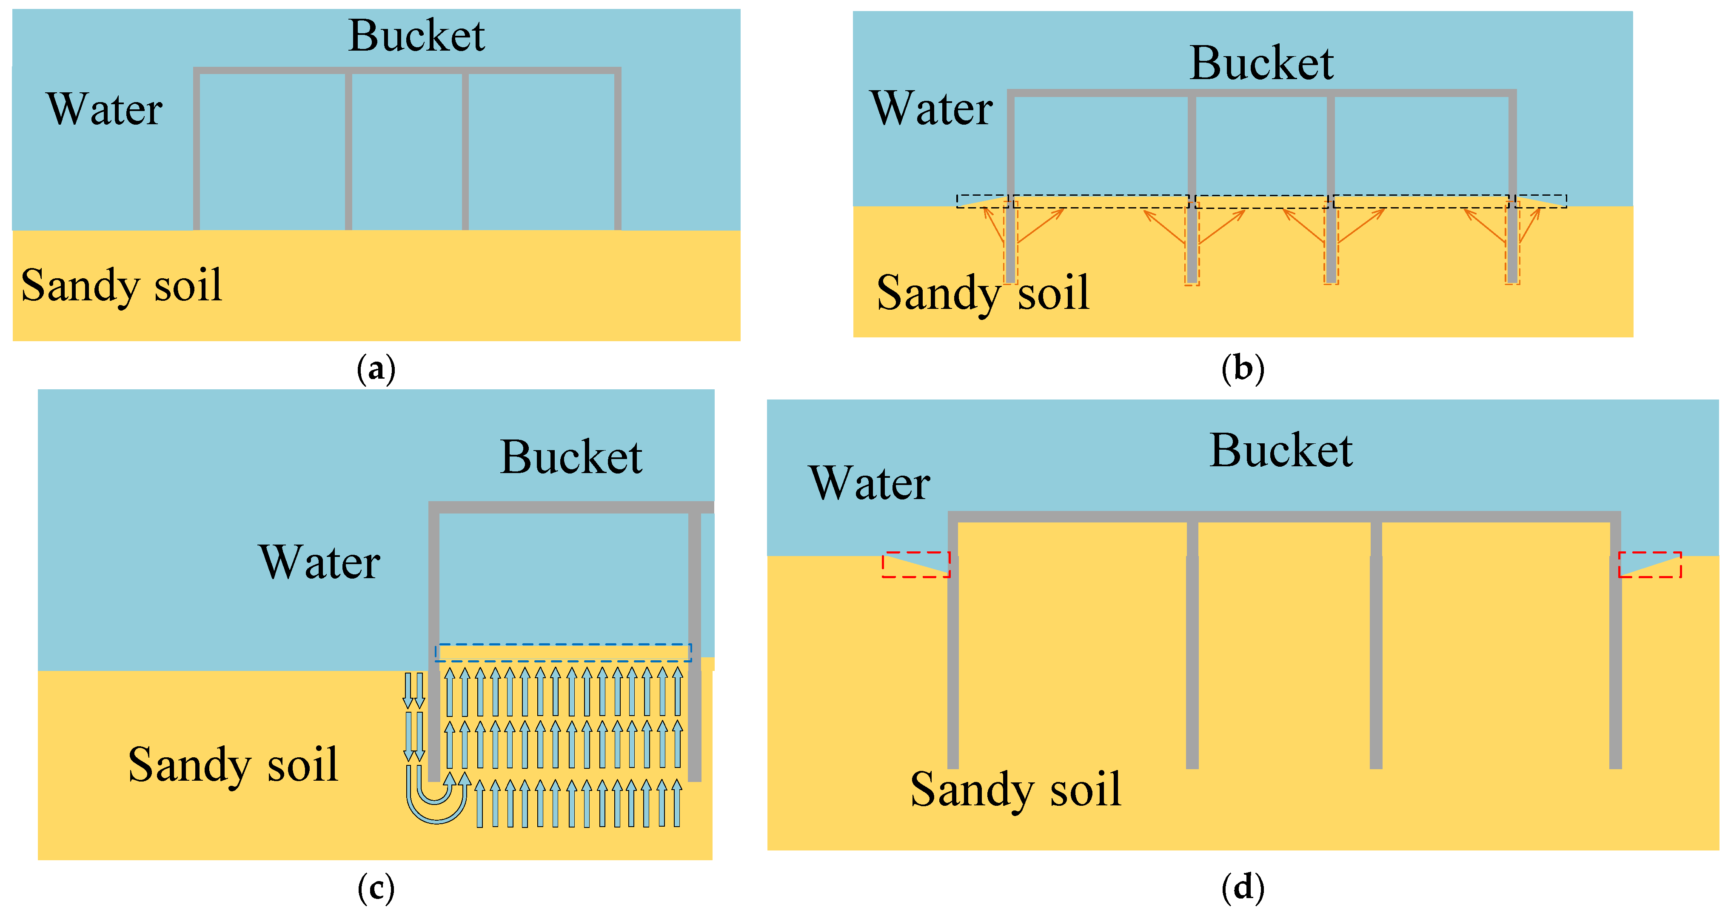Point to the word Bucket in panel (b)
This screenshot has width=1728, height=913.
tap(1261, 64)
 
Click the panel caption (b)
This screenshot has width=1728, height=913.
tap(1242, 368)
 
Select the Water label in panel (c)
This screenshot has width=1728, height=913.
tap(319, 562)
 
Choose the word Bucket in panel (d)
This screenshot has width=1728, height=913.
tap(1281, 451)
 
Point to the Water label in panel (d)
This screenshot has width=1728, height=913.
tap(870, 483)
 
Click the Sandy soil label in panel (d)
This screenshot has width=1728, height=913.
tap(1015, 790)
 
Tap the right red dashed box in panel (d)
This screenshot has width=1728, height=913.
tap(1650, 564)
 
